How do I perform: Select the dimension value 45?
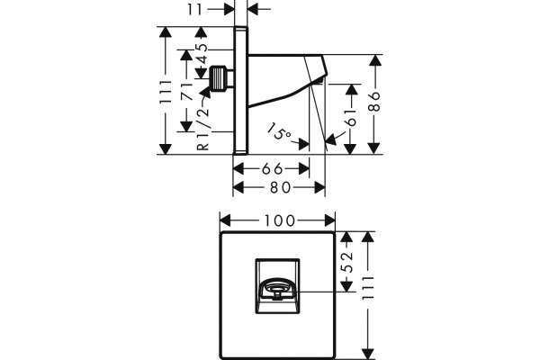202,54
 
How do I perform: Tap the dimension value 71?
186,92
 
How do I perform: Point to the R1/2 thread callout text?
203,128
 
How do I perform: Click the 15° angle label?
280,130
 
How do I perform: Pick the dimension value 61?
351,117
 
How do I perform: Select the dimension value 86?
374,102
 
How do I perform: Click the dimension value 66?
272,169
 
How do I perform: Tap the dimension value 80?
280,188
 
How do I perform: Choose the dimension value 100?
279,220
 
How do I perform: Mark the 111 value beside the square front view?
368,288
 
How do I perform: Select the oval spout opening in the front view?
277,289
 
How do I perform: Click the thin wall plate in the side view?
240,90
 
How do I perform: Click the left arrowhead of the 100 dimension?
225,220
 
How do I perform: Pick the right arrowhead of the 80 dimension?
319,188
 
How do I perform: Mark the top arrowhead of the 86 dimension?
374,60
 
